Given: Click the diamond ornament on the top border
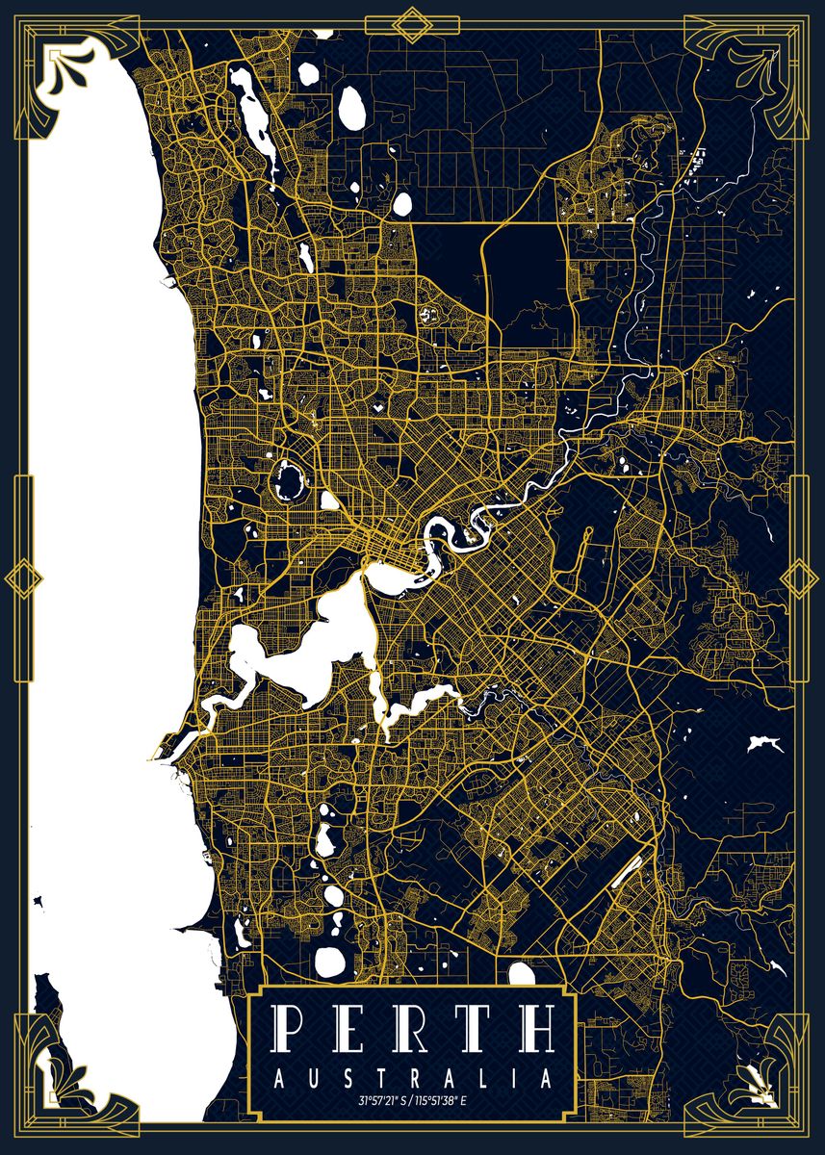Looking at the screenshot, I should tap(412, 23).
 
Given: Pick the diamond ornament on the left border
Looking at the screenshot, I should tap(22, 578).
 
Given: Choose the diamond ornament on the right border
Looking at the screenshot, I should tap(798, 578).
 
